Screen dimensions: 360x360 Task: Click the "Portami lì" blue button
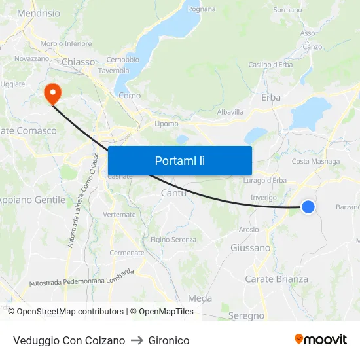179,160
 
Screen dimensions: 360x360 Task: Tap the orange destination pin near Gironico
52,93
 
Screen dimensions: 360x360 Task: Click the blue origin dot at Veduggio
308,207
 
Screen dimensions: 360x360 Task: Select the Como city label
130,96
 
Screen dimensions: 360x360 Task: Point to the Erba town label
270,97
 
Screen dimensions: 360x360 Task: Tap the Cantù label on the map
173,193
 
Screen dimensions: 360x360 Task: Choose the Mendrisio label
38,13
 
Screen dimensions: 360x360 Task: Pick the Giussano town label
250,248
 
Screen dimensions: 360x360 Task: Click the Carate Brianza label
276,279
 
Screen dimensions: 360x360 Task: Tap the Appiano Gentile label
33,200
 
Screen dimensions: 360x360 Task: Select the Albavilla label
230,112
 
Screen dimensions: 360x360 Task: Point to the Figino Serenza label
173,240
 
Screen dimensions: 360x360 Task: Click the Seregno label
247,315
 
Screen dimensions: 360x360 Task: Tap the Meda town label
200,298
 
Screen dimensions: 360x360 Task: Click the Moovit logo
320,340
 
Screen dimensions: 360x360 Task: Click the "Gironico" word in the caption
169,341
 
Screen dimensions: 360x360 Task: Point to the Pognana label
202,9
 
